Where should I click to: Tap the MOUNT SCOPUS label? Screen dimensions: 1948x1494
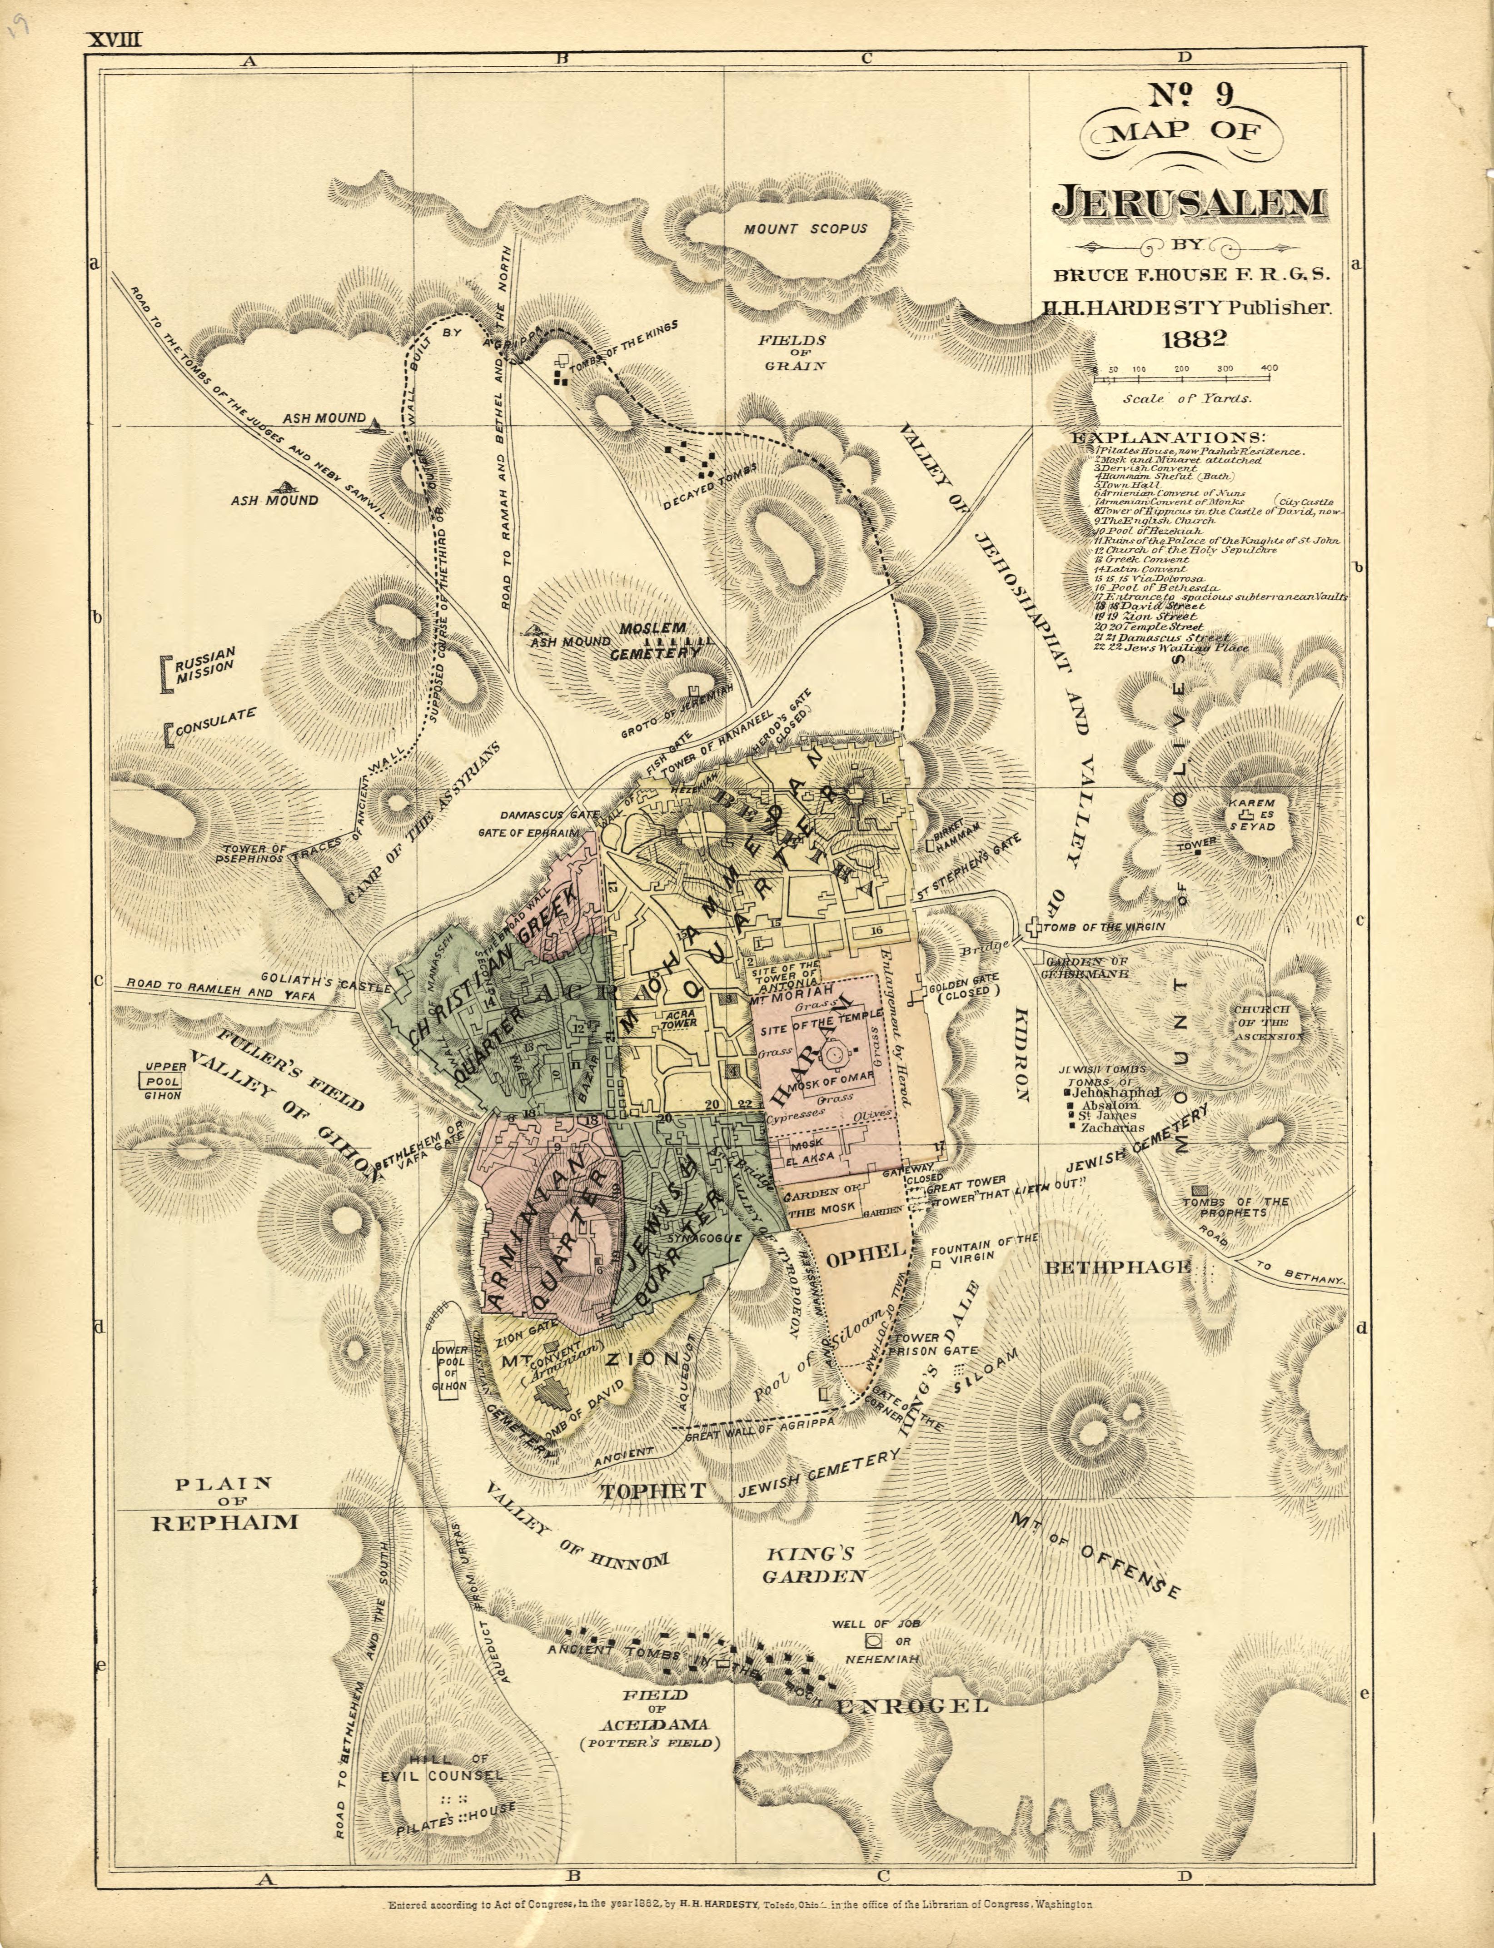pos(805,229)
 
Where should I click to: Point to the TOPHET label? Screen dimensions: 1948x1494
pos(653,1491)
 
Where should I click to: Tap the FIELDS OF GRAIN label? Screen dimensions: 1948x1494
pos(792,352)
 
